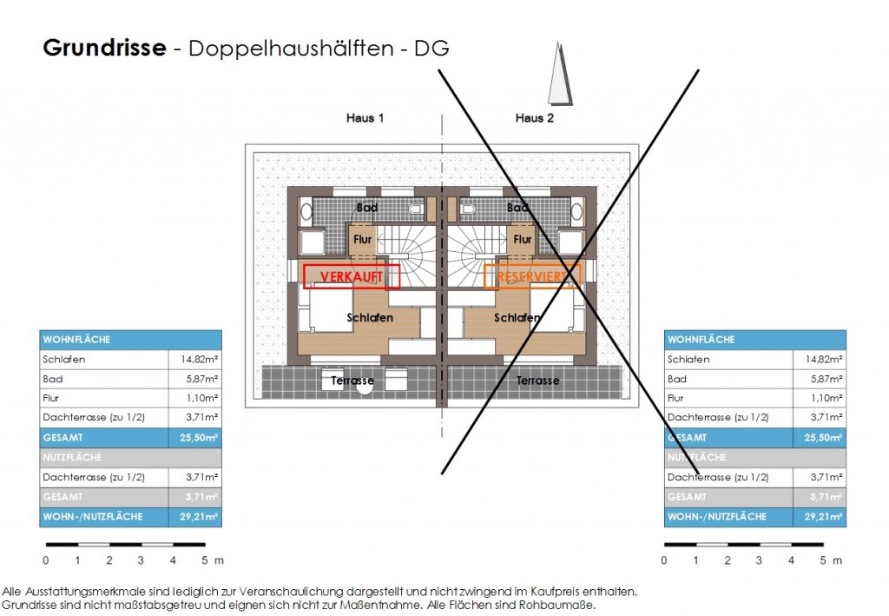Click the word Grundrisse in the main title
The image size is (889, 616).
pos(103,48)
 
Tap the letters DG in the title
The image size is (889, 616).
pos(431,49)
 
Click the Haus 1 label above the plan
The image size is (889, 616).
pos(365,118)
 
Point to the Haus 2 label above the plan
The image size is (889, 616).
pos(534,118)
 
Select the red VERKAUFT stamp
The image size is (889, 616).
pos(352,276)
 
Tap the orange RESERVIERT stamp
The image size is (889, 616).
pos(531,276)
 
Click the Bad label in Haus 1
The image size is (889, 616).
pos(367,208)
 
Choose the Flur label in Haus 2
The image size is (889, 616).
pos(523,239)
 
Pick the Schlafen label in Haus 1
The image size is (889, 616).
pos(370,318)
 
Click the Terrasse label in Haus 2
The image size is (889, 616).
pos(538,381)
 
